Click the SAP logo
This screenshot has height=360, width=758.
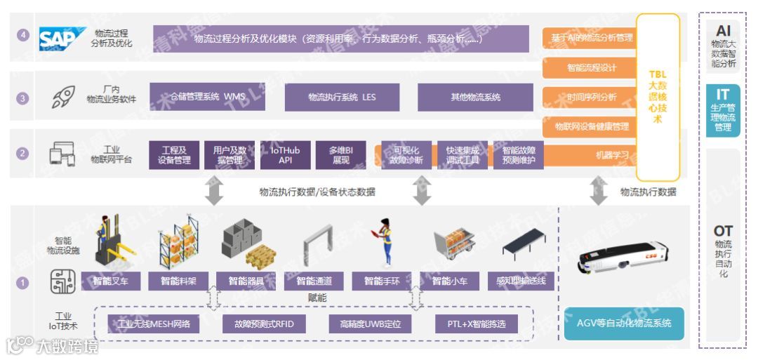coord(61,39)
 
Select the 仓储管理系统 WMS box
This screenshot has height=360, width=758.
coord(208,97)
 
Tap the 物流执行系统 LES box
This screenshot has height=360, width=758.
coord(342,97)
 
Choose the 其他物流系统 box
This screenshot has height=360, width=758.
coord(475,97)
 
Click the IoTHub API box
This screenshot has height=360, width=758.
coord(281,155)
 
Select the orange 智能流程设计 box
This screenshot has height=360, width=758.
coord(591,68)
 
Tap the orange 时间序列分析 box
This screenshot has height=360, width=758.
coord(591,98)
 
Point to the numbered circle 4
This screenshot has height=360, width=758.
coord(23,35)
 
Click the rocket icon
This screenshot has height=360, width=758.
coord(63,97)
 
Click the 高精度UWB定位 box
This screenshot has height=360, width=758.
coord(369,324)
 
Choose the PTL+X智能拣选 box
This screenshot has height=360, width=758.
coord(476,324)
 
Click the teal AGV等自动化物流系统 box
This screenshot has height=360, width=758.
coord(624,324)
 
